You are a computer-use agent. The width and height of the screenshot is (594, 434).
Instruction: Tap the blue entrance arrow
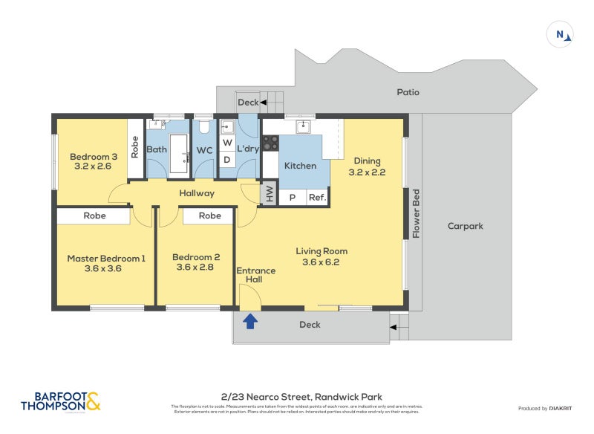click(x=251, y=321)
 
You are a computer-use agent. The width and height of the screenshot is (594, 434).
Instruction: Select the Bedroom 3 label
click(x=94, y=161)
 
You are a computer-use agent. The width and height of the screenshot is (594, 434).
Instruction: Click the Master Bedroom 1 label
click(x=105, y=263)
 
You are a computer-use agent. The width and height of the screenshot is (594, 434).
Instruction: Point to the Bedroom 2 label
click(x=196, y=262)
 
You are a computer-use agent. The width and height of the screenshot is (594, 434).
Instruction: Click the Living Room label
click(x=321, y=256)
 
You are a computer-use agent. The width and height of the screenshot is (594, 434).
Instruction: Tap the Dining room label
click(x=367, y=166)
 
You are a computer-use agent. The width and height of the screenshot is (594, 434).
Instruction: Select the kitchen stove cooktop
click(x=270, y=143)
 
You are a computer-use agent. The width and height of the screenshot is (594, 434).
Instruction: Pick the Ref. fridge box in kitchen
click(x=317, y=198)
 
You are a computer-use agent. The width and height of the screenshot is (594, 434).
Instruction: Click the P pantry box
click(x=292, y=198)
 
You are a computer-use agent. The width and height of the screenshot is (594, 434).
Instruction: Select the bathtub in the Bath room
click(x=180, y=154)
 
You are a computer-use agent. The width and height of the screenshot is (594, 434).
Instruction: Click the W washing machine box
click(x=227, y=142)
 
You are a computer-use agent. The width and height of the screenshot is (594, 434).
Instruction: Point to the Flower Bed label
click(x=417, y=214)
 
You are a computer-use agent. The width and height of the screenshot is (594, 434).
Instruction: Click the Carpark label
click(x=465, y=226)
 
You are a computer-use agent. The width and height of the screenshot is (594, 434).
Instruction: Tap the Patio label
click(x=408, y=93)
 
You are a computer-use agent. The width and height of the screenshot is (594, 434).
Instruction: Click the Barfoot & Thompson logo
click(x=61, y=402)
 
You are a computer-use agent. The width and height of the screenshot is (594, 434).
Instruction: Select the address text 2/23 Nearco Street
click(x=301, y=397)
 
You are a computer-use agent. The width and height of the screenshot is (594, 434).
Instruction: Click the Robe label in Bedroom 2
click(x=210, y=216)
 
